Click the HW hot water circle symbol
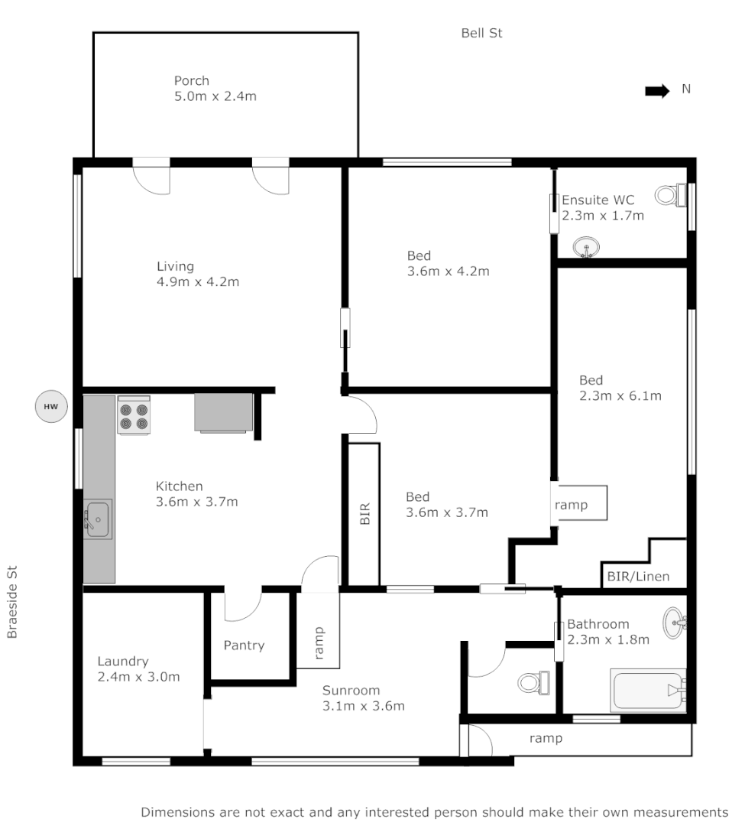51,405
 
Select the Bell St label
481,33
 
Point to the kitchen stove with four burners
134,415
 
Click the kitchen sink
99,519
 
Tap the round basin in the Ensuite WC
587,248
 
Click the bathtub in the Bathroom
648,691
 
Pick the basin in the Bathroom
673,621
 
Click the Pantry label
244,646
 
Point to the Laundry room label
122,662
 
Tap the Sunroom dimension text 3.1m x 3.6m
363,706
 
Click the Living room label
175,266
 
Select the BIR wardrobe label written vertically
364,513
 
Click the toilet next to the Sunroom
533,681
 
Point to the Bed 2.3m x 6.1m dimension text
620,395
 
